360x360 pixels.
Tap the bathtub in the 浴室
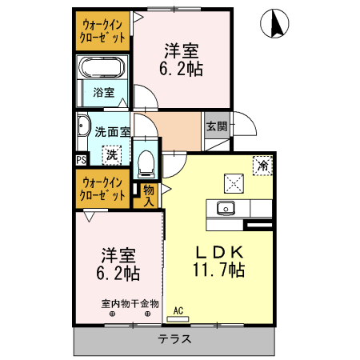tap(102, 68)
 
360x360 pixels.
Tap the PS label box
tap(81, 160)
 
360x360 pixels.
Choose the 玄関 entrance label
tap(216, 126)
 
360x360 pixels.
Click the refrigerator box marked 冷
tap(261, 166)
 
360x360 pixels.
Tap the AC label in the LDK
tap(178, 310)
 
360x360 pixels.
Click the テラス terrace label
tap(174, 339)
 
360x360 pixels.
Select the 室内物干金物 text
tap(130, 303)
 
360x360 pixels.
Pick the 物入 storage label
tap(149, 196)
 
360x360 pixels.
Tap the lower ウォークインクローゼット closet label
tap(102, 189)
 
